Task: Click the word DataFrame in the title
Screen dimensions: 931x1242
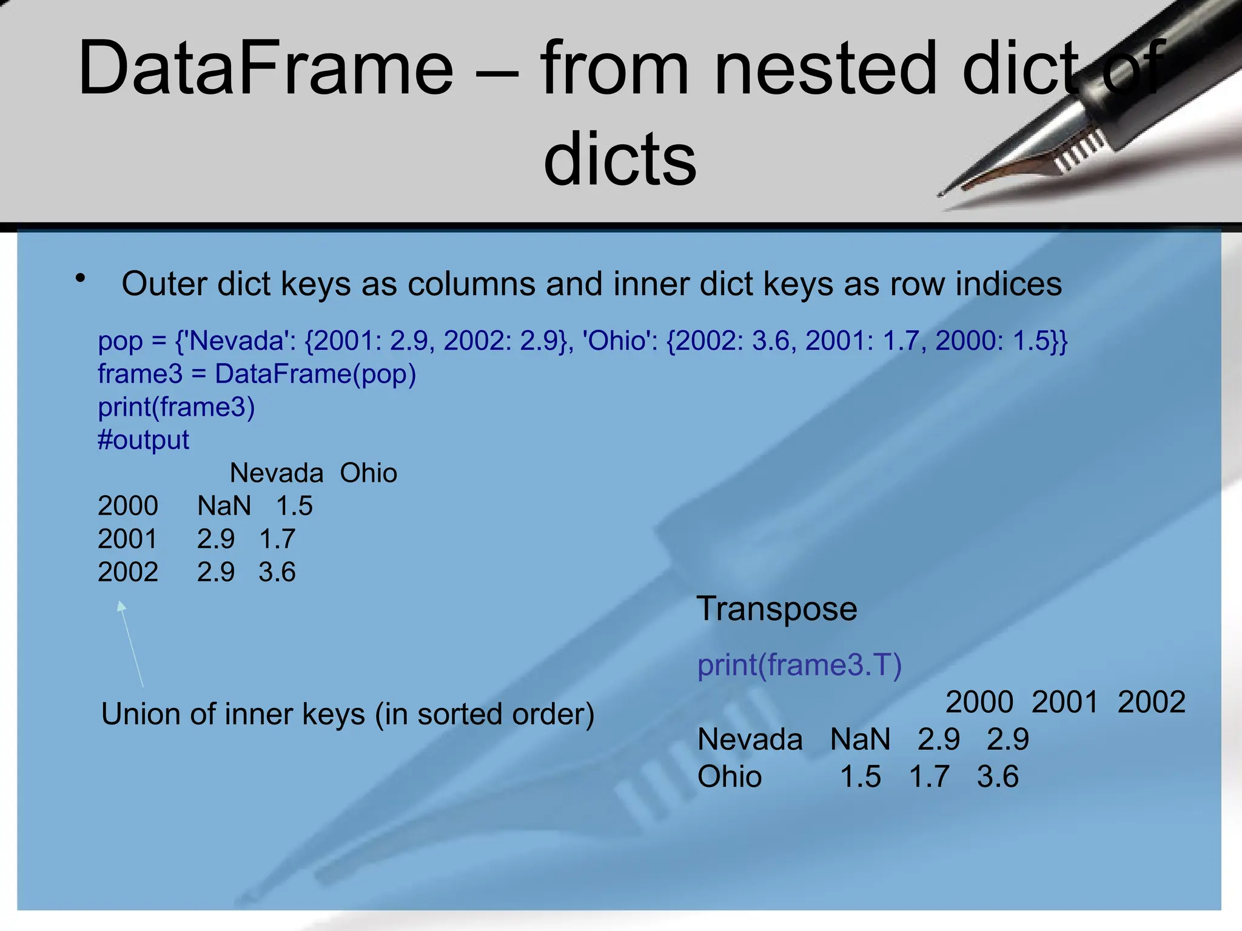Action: point(266,68)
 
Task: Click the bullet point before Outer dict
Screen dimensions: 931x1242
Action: point(80,279)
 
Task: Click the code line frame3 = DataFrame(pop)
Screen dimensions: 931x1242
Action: point(257,374)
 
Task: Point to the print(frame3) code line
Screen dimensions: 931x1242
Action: point(176,407)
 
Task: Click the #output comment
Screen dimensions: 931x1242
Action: point(143,440)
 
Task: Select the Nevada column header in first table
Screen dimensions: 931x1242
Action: point(277,473)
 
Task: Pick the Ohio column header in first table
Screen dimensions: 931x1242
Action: point(368,473)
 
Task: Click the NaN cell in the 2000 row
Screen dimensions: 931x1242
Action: point(224,506)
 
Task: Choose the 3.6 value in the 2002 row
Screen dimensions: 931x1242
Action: point(277,572)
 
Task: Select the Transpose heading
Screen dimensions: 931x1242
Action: point(777,609)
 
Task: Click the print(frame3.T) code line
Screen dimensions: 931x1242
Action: point(799,665)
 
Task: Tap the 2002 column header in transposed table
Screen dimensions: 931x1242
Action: point(1151,702)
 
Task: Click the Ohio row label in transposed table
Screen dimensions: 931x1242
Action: point(730,776)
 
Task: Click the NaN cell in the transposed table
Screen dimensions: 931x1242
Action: point(860,739)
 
